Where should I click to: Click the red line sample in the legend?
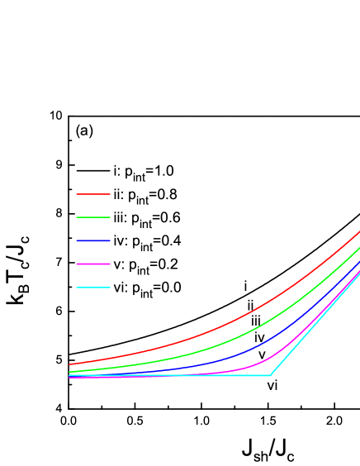(92, 194)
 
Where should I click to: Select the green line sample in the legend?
(92, 217)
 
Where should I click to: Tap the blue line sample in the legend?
(92, 240)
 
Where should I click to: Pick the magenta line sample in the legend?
(92, 264)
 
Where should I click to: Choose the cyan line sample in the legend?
(92, 288)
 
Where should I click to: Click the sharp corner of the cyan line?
(270, 375)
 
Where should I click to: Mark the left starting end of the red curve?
(69, 364)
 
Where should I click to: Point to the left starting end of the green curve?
(69, 372)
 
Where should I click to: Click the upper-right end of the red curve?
(359, 232)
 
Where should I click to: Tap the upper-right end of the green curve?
(359, 247)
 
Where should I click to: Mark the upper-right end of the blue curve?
(359, 261)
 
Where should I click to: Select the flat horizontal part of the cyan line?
(206, 375)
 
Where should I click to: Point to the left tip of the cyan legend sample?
(77, 288)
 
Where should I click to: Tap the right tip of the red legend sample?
(109, 194)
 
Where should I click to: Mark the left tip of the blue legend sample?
(77, 240)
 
